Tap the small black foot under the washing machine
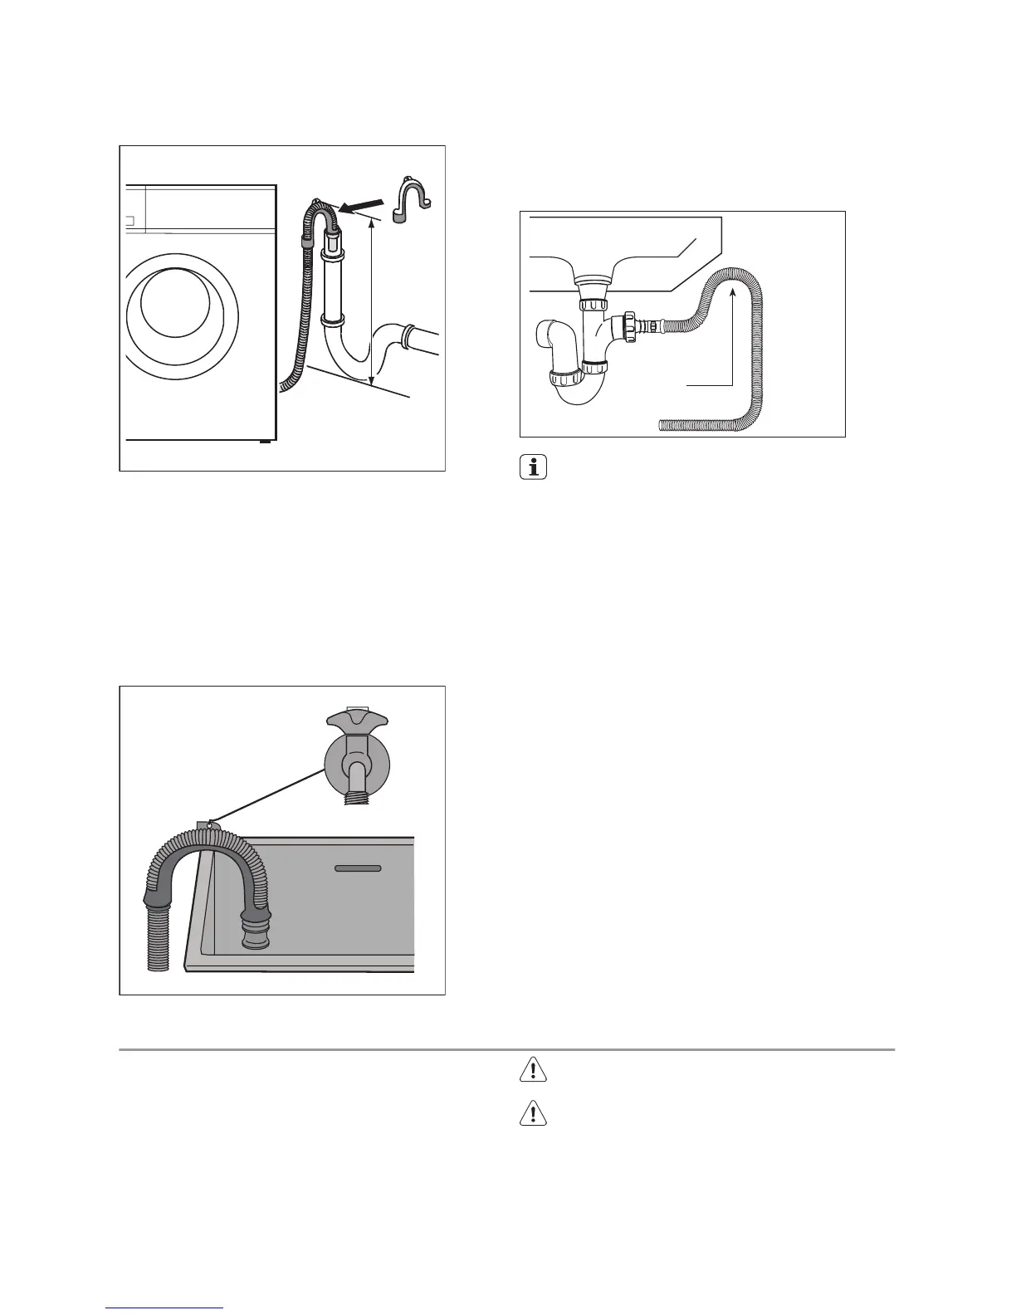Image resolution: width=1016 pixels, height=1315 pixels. pyautogui.click(x=265, y=442)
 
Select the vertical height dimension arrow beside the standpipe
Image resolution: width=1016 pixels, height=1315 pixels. pyautogui.click(x=371, y=299)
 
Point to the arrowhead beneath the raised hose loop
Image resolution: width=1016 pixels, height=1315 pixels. pyautogui.click(x=733, y=290)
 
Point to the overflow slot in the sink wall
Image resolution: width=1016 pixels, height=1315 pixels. pyautogui.click(x=358, y=868)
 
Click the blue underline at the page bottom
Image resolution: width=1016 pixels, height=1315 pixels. pyautogui.click(x=165, y=1308)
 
